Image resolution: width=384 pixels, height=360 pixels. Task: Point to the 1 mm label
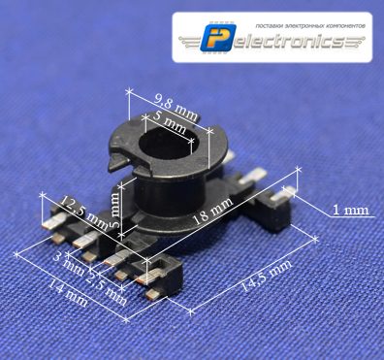click(350, 209)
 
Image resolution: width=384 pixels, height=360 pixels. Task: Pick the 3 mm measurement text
click(69, 260)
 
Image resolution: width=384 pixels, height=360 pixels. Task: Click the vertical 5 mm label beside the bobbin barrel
click(116, 207)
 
